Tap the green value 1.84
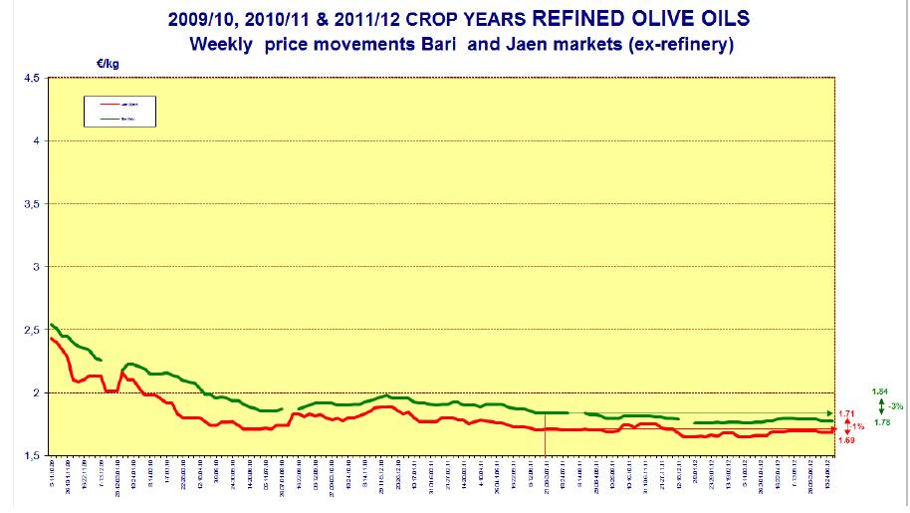[x=879, y=391]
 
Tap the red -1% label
[x=858, y=426]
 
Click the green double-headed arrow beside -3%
[x=880, y=406]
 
